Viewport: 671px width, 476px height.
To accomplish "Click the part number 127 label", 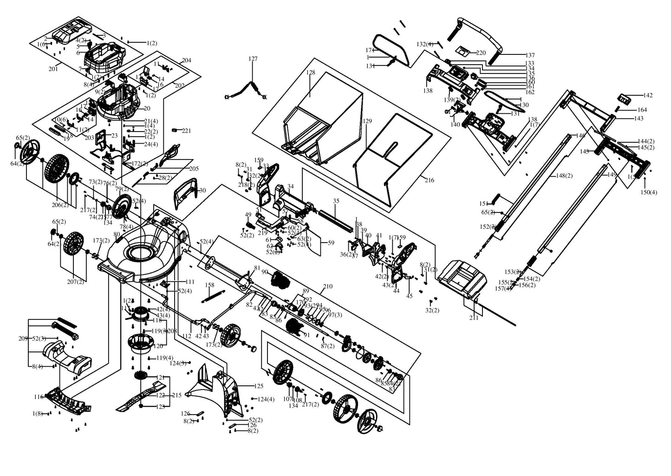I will click(253, 59).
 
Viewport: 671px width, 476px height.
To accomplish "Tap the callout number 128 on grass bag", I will click(311, 73).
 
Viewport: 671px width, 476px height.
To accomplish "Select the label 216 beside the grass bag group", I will click(429, 180).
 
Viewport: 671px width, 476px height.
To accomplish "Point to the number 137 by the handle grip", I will click(530, 55).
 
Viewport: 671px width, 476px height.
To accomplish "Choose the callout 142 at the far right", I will click(647, 95).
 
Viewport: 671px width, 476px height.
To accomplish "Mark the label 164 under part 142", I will click(642, 110).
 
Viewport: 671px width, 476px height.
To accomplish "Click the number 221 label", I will click(186, 131).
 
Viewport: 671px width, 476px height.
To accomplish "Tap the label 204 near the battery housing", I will click(186, 60).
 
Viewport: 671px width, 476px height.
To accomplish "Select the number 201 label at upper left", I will click(53, 69).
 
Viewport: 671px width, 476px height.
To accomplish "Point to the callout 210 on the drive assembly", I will click(327, 286).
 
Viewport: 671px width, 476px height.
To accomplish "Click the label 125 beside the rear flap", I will click(259, 386).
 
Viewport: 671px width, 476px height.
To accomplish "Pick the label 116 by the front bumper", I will click(39, 397).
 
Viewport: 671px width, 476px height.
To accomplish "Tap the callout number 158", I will click(209, 285).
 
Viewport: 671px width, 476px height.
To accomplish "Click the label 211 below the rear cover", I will click(474, 318).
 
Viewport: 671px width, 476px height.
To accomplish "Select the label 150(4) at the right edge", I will click(649, 192).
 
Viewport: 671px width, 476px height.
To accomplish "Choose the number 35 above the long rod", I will click(336, 201).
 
